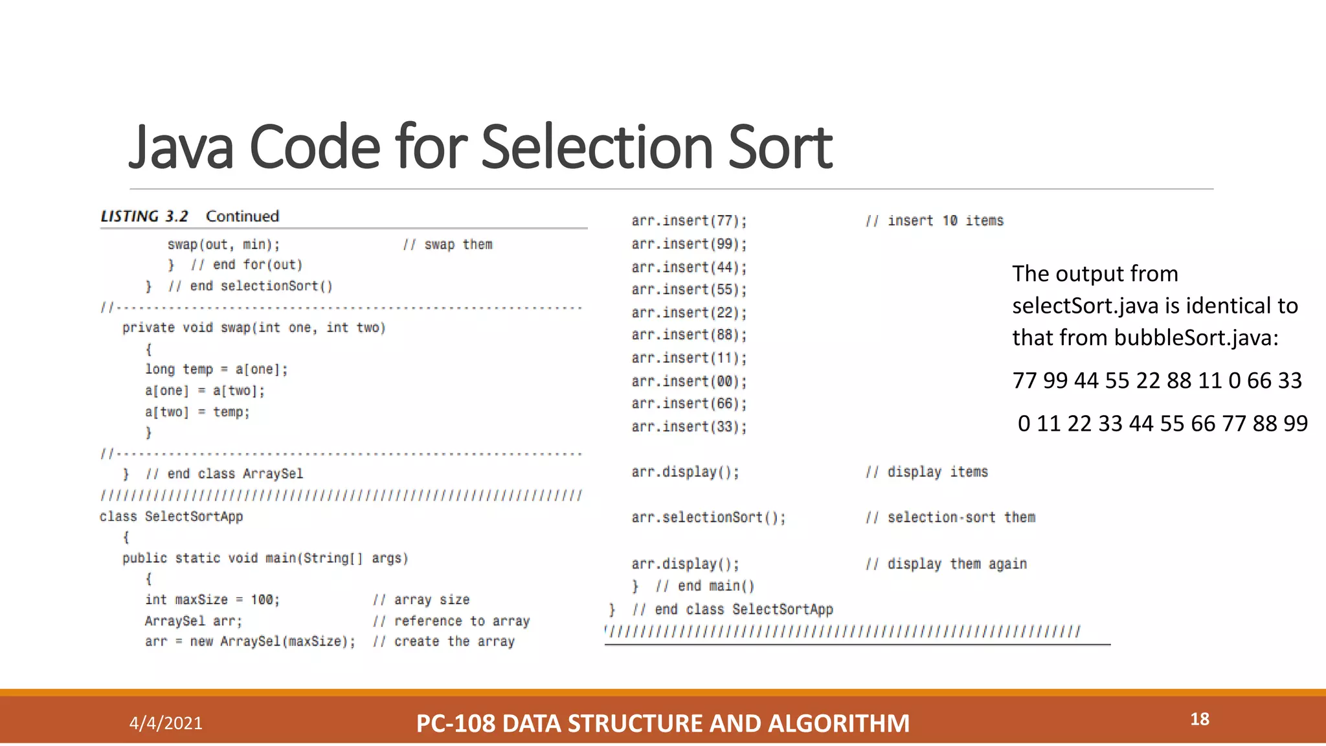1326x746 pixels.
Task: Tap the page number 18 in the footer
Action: (x=1199, y=719)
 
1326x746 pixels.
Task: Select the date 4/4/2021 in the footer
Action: (x=166, y=723)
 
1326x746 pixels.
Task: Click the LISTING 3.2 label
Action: (x=144, y=216)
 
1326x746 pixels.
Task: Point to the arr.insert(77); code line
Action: (x=689, y=221)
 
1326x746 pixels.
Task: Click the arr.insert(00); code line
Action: (x=689, y=381)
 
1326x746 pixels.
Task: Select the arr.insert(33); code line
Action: (x=689, y=427)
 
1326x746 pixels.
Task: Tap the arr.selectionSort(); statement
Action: (x=708, y=517)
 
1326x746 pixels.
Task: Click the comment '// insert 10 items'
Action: (x=934, y=221)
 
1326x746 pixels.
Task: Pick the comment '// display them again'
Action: (x=946, y=564)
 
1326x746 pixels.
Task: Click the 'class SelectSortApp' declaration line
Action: (x=172, y=516)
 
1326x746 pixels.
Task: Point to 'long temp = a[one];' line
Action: (x=216, y=369)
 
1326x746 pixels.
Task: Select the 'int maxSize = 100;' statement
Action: (x=212, y=600)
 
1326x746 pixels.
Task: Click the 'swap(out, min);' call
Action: (x=223, y=245)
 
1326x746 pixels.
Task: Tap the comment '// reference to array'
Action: (x=451, y=621)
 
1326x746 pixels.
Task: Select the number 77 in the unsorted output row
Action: (x=1024, y=380)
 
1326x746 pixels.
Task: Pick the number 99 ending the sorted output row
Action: (x=1295, y=424)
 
